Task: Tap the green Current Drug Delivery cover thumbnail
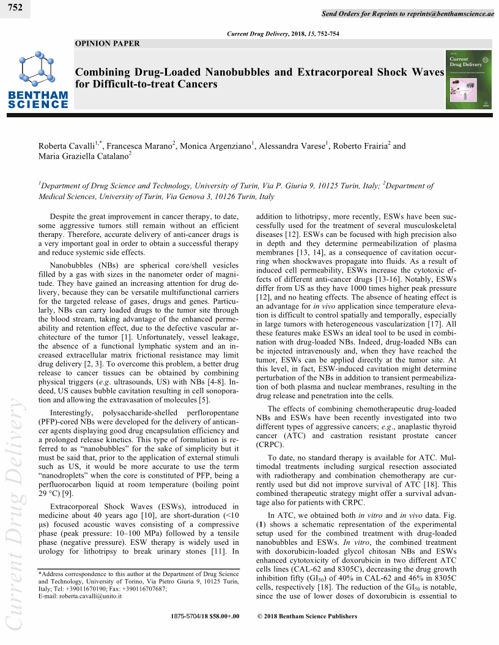[469, 79]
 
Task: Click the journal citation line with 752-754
[283, 34]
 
